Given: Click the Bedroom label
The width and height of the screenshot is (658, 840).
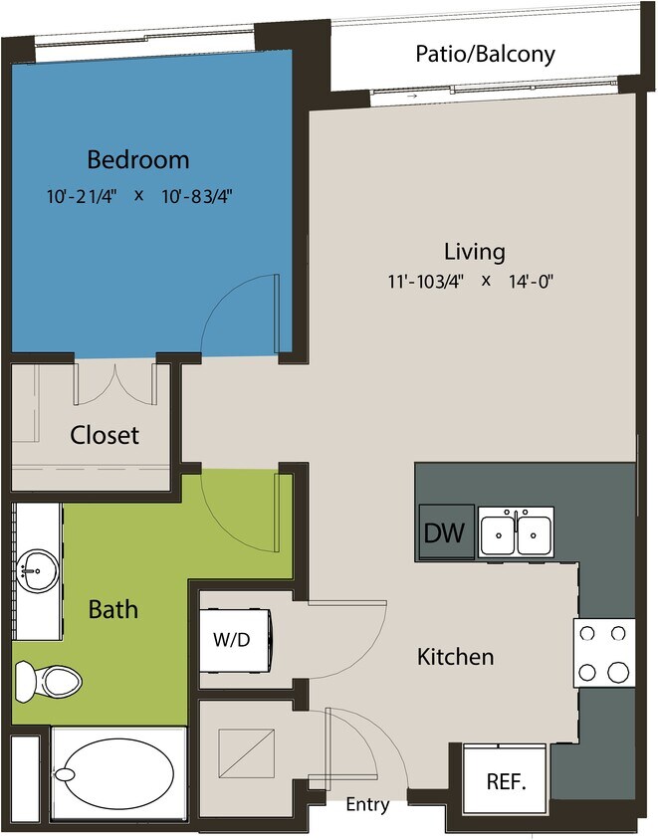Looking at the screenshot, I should (x=138, y=159).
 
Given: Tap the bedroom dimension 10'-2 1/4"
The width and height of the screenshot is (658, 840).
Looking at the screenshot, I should (x=82, y=195).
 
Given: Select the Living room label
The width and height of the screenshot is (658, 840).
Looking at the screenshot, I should (x=474, y=251).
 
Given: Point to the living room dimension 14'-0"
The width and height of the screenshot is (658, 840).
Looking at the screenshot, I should (x=530, y=282).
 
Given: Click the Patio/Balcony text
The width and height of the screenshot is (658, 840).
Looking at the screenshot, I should (x=485, y=54).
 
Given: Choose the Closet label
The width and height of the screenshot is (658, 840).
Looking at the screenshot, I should (x=105, y=435).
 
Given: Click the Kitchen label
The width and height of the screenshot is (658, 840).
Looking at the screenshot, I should (x=455, y=657).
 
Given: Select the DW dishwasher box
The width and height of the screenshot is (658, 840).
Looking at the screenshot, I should (x=445, y=533).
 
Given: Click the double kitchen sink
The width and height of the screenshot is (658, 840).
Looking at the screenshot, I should (x=516, y=533).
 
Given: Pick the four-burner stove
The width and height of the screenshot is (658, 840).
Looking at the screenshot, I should (x=604, y=652).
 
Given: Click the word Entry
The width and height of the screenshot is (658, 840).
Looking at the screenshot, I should (x=367, y=805).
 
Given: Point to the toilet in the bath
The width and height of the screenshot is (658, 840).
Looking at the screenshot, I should (x=50, y=683).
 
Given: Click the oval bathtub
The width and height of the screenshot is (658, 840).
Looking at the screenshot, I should (x=114, y=773).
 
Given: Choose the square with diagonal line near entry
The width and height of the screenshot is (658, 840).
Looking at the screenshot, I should (x=244, y=754).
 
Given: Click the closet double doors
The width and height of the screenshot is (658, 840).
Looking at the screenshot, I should (x=114, y=384).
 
